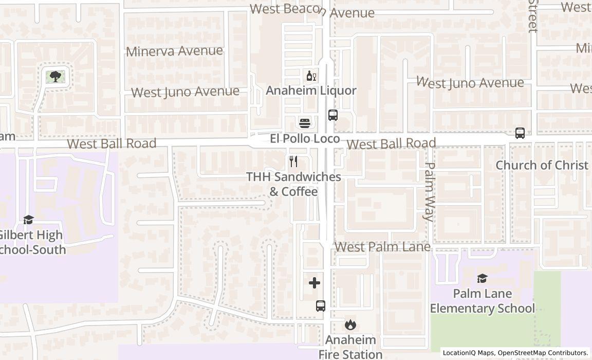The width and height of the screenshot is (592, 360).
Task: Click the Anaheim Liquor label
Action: coord(311,91)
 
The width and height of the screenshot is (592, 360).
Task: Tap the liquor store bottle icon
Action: coord(311,76)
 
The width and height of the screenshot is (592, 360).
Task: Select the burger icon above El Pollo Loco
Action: coord(305,123)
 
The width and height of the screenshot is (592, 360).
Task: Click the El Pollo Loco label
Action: coord(305,139)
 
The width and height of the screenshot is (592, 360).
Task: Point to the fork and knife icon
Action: coord(293,161)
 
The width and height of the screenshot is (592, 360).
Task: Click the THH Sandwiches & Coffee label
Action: coord(293,184)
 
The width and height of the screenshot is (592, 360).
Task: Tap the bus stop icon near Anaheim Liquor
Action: coord(333,115)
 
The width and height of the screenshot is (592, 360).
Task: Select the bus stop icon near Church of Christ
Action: coord(520,133)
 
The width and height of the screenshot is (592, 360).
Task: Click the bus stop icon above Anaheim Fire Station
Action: coord(321,306)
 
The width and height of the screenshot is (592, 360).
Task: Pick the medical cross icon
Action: coord(314,283)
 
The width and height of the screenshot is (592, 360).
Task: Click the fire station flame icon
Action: coord(350,325)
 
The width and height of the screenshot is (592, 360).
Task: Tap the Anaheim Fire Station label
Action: coord(350,347)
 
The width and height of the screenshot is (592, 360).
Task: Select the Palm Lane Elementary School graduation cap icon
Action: coord(482,278)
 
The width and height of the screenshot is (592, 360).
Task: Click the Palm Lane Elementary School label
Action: coord(482,301)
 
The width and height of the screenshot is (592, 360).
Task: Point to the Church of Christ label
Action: coord(542,165)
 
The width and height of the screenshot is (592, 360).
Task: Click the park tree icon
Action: coord(55,77)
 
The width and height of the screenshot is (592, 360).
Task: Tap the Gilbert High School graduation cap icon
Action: coord(29,220)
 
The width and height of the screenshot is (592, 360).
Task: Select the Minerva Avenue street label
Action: coord(174,51)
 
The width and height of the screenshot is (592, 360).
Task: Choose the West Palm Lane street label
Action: coord(382,247)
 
